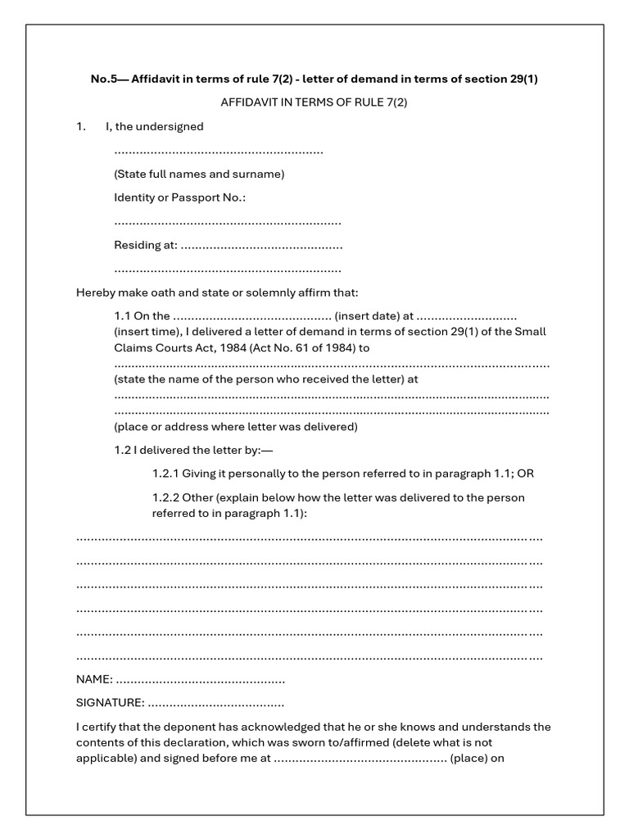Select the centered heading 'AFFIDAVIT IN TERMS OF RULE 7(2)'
tap(314, 103)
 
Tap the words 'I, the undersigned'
tap(154, 127)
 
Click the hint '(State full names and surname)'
tap(199, 175)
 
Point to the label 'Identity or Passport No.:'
tap(179, 198)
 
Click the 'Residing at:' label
tap(144, 245)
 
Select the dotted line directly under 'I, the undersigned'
tap(218, 152)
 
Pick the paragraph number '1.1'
tap(122, 316)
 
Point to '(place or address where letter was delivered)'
tap(236, 427)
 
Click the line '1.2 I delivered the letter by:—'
tap(193, 450)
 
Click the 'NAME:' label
tap(94, 680)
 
